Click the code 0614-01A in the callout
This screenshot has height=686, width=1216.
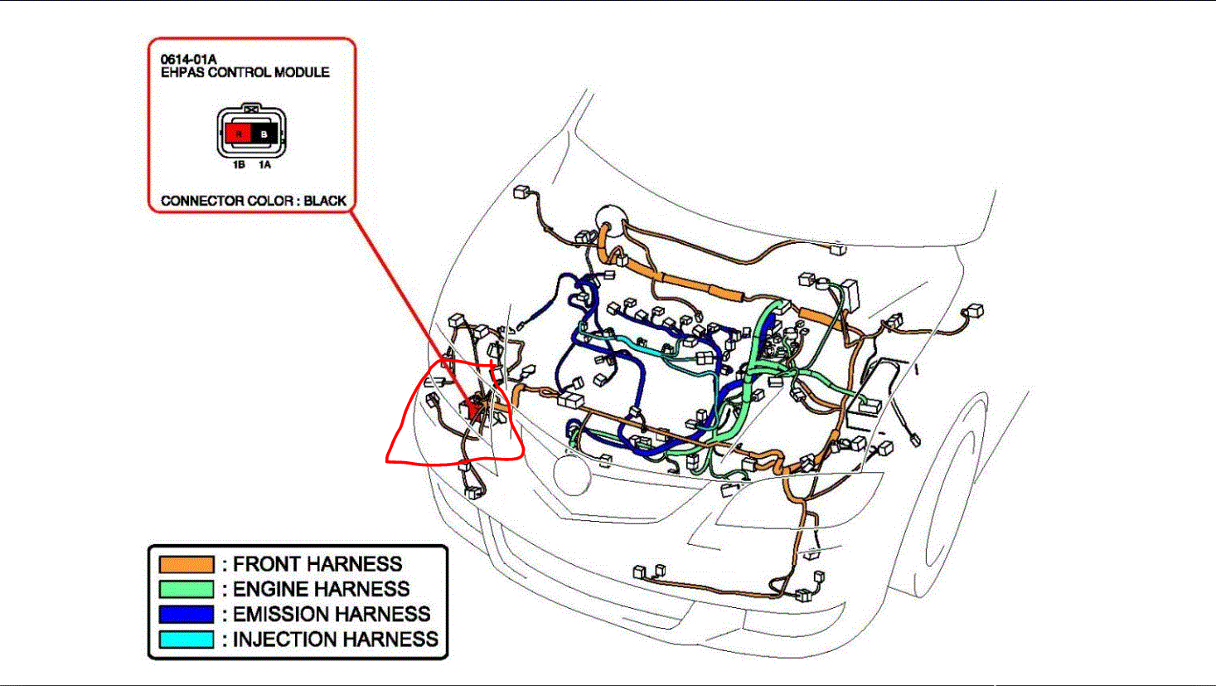pos(188,60)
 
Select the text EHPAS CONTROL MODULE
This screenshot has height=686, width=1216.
pos(245,73)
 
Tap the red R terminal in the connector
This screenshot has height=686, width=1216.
pos(239,133)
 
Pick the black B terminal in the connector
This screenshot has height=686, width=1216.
pos(264,133)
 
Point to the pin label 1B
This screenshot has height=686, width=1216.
pos(239,165)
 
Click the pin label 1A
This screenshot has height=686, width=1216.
pos(264,165)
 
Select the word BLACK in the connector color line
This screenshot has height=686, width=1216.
pos(325,201)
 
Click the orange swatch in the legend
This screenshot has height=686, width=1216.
pos(186,565)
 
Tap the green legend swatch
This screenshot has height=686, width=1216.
pos(186,590)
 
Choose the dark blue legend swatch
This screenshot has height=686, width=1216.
pos(186,615)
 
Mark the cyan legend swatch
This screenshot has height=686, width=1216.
pos(186,640)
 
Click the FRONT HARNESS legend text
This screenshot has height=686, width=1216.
pos(317,565)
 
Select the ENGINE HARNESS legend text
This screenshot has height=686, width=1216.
pos(322,590)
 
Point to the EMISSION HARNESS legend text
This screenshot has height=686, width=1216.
pos(332,615)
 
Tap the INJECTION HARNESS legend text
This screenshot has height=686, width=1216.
pos(336,640)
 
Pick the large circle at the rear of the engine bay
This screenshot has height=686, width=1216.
pos(611,218)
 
